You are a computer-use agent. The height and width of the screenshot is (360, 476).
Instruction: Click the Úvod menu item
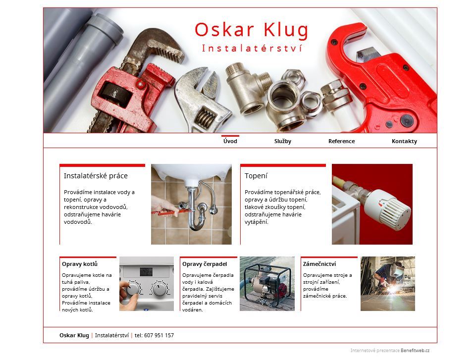pyautogui.click(x=230, y=141)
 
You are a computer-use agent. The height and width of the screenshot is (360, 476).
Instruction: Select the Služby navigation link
pyautogui.click(x=283, y=141)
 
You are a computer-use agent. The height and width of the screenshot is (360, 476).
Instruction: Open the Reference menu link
pyautogui.click(x=341, y=141)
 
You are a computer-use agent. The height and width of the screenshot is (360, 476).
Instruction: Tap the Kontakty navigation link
pyautogui.click(x=404, y=141)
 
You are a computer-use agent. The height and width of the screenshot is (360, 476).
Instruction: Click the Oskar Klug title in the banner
pyautogui.click(x=251, y=30)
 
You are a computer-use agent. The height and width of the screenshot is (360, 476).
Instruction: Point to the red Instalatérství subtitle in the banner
pyautogui.click(x=252, y=48)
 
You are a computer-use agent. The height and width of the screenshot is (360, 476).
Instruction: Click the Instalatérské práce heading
pyautogui.click(x=96, y=176)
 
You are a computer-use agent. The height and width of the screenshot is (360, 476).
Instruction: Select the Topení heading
pyautogui.click(x=256, y=176)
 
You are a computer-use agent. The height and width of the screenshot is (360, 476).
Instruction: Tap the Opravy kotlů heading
pyautogui.click(x=80, y=264)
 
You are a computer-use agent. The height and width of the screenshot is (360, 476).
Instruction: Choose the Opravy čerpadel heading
pyautogui.click(x=205, y=264)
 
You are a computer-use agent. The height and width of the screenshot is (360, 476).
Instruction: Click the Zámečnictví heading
pyautogui.click(x=319, y=264)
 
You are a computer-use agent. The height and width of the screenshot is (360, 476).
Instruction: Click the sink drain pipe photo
pyautogui.click(x=191, y=205)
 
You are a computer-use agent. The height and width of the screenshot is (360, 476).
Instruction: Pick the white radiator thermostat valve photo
pyautogui.click(x=372, y=205)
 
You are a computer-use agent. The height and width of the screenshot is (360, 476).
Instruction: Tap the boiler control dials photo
pyautogui.click(x=147, y=284)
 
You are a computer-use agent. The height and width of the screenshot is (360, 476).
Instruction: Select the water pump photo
pyautogui.click(x=267, y=284)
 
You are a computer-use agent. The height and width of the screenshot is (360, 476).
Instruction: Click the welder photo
pyautogui.click(x=388, y=284)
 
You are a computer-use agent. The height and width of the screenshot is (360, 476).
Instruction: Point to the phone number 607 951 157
pyautogui.click(x=159, y=335)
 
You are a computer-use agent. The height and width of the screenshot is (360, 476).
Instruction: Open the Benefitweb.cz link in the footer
pyautogui.click(x=415, y=351)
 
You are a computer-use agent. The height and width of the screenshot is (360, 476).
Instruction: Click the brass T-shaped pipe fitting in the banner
pyautogui.click(x=248, y=88)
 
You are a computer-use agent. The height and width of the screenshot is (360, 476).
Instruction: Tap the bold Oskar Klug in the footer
pyautogui.click(x=74, y=335)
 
